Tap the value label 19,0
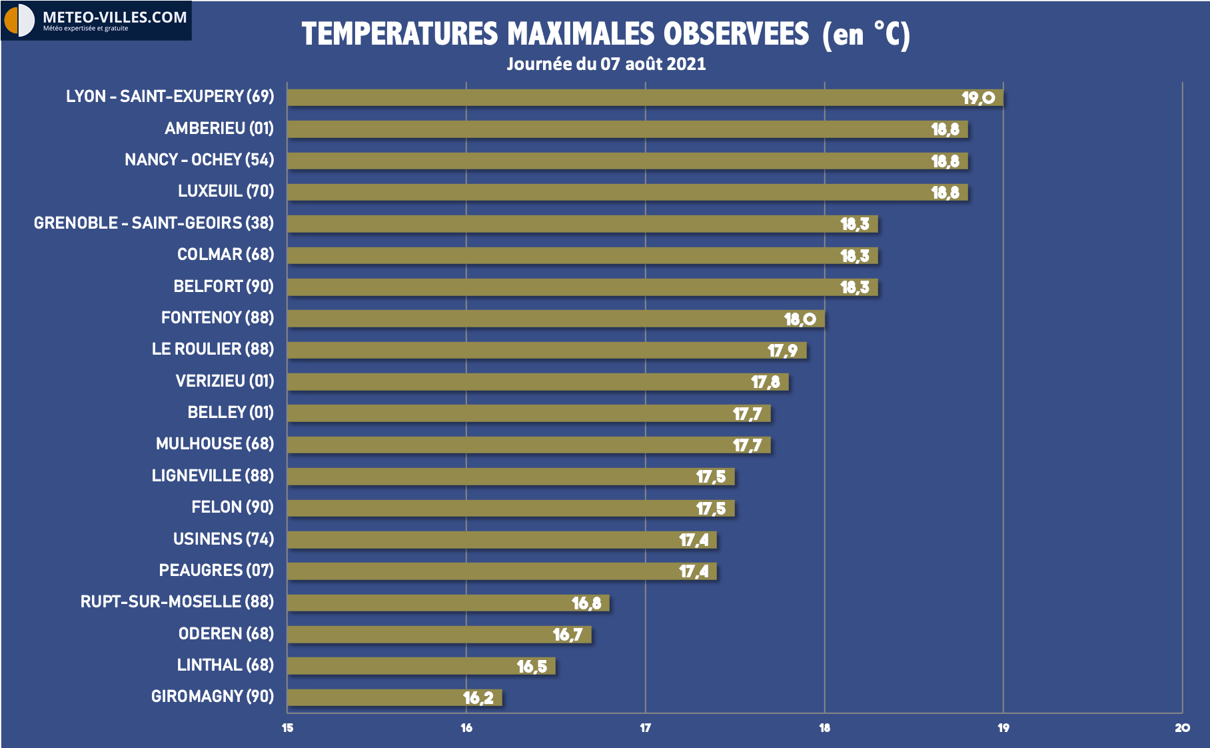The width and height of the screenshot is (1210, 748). (977, 98)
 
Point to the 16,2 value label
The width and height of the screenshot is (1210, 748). (478, 698)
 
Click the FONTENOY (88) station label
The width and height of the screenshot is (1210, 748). (217, 318)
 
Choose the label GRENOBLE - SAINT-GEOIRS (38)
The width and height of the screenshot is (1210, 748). (154, 223)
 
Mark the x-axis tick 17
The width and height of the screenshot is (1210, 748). (645, 728)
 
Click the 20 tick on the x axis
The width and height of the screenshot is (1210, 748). (1182, 728)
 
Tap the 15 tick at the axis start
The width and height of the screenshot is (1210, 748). (287, 728)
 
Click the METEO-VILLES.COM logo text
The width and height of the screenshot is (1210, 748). (115, 17)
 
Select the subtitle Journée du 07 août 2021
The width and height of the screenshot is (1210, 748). (606, 64)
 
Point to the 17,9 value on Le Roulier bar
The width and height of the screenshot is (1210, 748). (782, 351)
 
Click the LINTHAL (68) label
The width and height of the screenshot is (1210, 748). (225, 665)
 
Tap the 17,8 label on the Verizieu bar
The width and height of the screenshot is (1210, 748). (765, 382)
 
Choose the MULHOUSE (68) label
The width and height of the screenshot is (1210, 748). (215, 444)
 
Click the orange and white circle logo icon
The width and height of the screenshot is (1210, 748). (19, 21)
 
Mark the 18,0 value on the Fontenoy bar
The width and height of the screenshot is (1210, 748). (800, 319)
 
